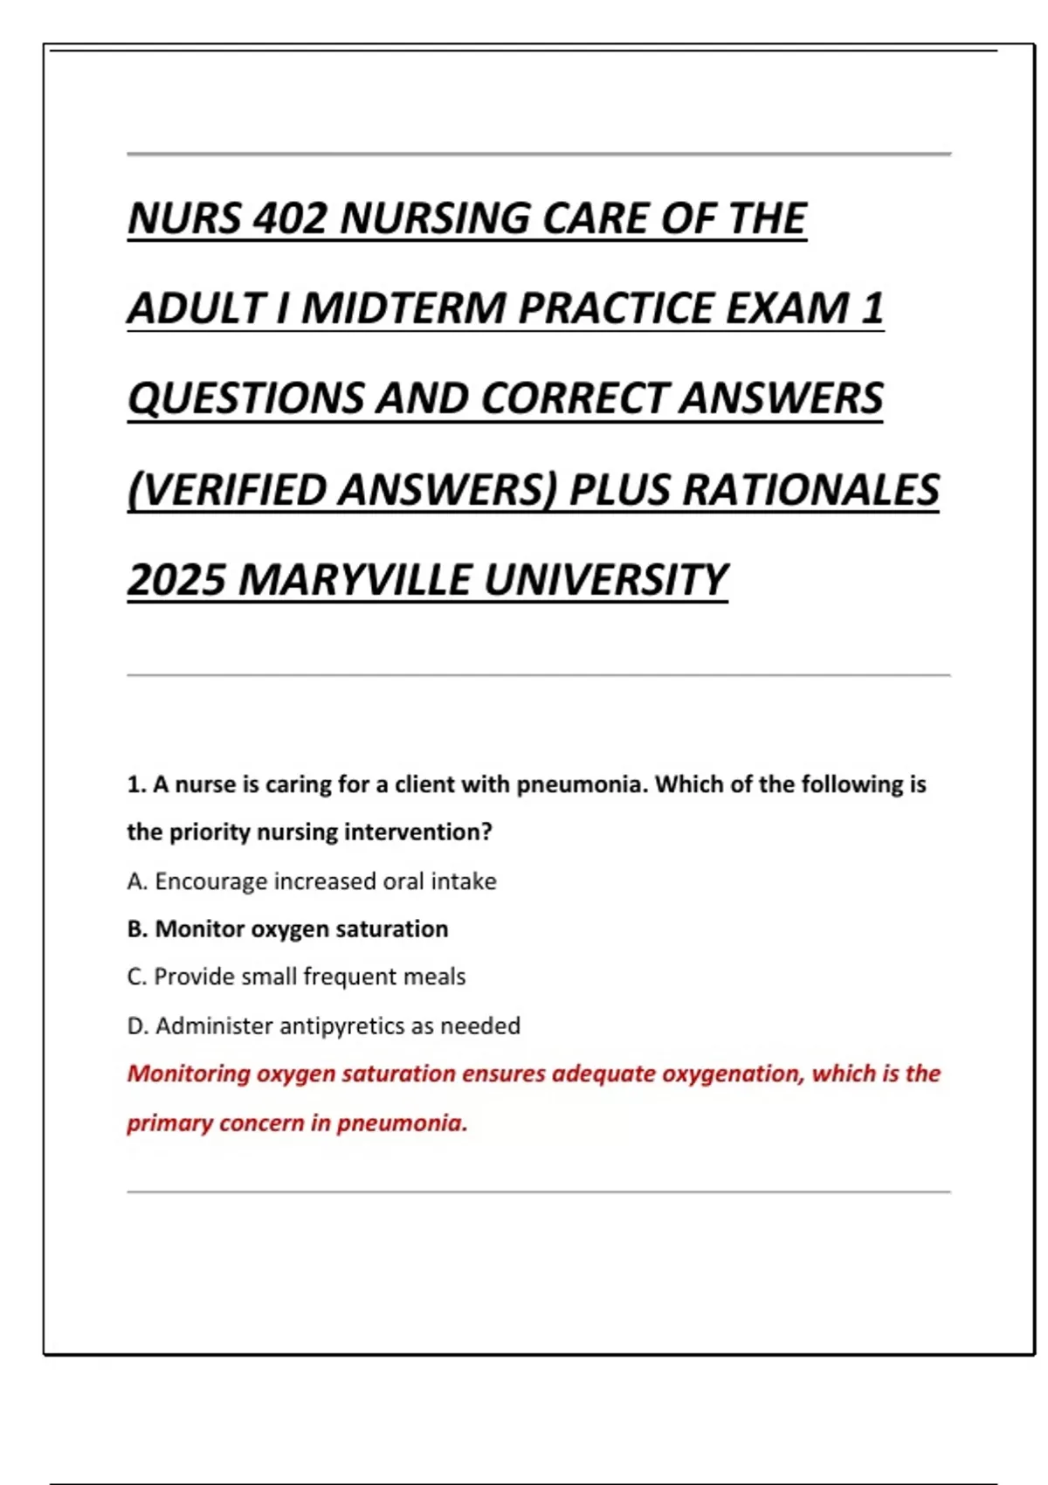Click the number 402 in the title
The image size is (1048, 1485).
[289, 218]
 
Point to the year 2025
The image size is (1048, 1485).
[176, 580]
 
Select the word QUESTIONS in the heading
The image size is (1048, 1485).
[245, 398]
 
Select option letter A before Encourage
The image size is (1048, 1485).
[136, 881]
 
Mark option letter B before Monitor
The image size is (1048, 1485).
[136, 929]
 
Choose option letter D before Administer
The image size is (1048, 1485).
[136, 1026]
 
